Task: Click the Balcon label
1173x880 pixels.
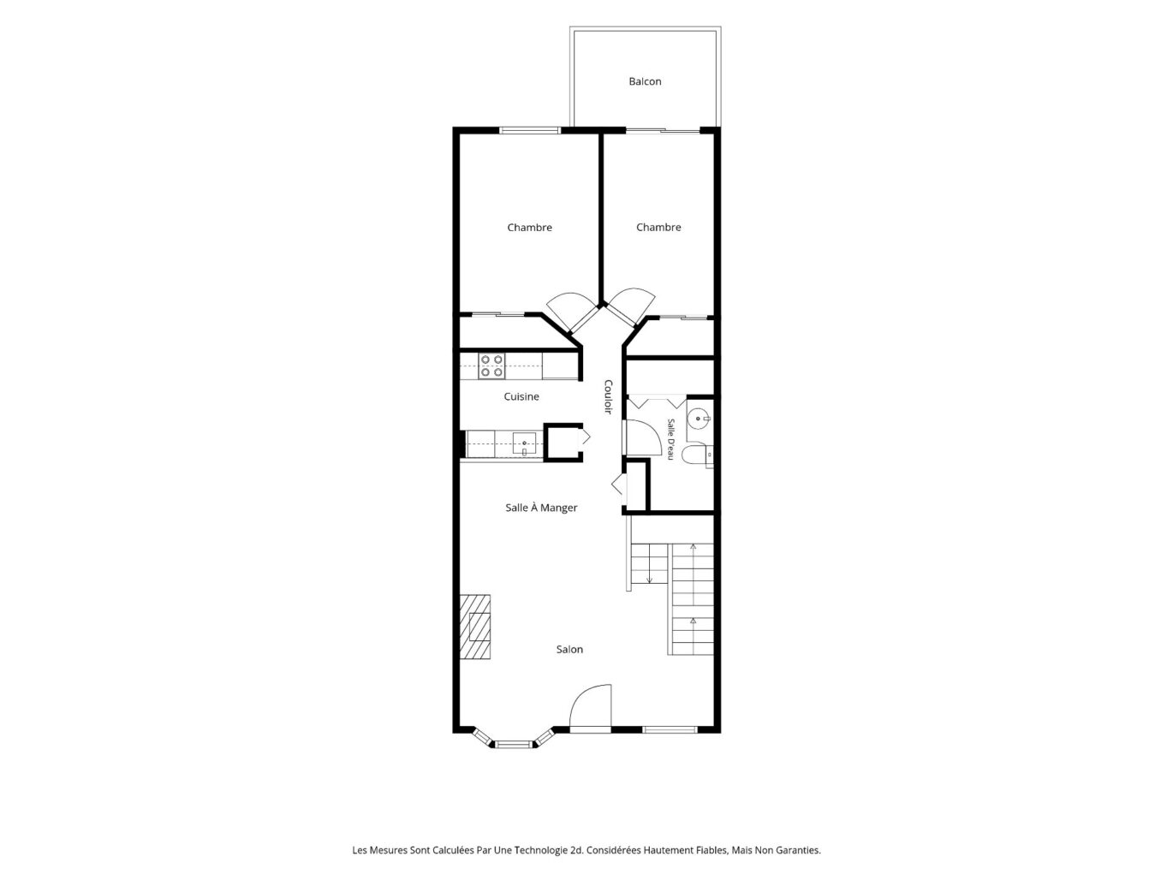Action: (x=645, y=81)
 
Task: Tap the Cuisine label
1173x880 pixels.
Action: (x=521, y=396)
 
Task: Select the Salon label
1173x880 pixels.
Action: (x=569, y=649)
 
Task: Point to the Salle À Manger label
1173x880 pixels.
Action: (x=541, y=508)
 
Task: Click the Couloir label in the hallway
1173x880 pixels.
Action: (x=608, y=396)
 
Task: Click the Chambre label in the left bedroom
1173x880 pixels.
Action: (x=529, y=228)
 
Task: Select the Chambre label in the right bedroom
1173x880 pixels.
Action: (x=658, y=228)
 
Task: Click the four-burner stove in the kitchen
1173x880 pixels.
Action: (x=491, y=366)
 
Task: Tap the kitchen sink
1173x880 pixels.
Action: (x=524, y=443)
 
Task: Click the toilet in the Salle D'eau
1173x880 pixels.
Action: (x=698, y=455)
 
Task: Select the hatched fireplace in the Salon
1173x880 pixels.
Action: (x=475, y=627)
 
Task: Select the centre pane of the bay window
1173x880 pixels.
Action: (x=514, y=743)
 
